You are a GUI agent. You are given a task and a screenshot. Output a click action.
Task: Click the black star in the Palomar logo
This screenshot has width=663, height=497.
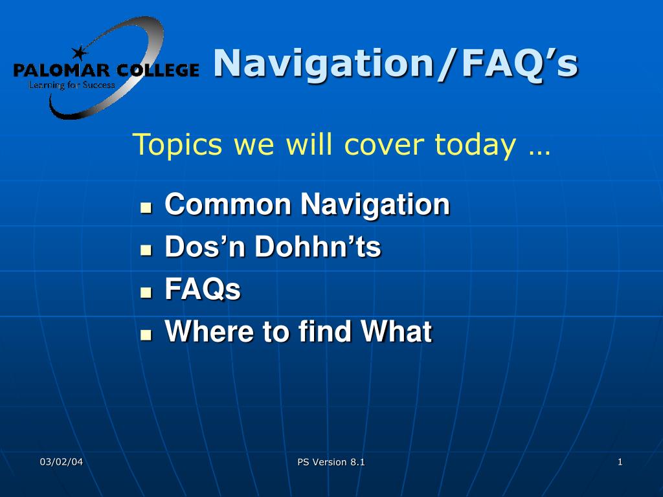click(79, 53)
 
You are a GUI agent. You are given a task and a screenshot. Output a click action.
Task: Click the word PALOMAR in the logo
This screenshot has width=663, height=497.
click(62, 70)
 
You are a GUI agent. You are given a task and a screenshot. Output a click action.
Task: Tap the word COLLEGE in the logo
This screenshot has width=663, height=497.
click(158, 70)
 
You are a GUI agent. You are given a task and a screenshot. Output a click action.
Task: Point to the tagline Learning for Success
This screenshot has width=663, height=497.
click(72, 85)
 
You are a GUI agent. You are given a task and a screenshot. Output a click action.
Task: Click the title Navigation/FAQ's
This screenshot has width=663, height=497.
click(396, 63)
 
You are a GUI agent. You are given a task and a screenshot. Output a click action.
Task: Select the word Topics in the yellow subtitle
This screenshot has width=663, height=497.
click(177, 145)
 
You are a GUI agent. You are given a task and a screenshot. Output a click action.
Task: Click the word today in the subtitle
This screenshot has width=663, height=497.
click(475, 144)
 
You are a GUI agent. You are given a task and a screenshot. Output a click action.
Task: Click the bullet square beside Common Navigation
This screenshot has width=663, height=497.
click(146, 208)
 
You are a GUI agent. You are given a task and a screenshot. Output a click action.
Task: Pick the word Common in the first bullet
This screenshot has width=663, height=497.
click(228, 204)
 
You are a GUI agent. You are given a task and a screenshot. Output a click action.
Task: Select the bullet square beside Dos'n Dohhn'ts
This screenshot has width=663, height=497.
click(146, 250)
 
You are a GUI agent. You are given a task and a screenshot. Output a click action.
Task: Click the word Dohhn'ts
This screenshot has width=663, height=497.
click(317, 247)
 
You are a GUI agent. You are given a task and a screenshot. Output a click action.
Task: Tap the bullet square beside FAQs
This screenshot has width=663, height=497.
click(146, 292)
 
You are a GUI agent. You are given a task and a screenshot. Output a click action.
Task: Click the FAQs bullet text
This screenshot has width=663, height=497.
click(203, 289)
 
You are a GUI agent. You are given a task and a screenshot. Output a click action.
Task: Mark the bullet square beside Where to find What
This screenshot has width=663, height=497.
click(146, 335)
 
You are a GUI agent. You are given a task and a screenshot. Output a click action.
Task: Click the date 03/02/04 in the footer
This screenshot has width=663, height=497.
click(62, 462)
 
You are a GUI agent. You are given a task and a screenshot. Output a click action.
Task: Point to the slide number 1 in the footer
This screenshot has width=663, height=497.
click(620, 462)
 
